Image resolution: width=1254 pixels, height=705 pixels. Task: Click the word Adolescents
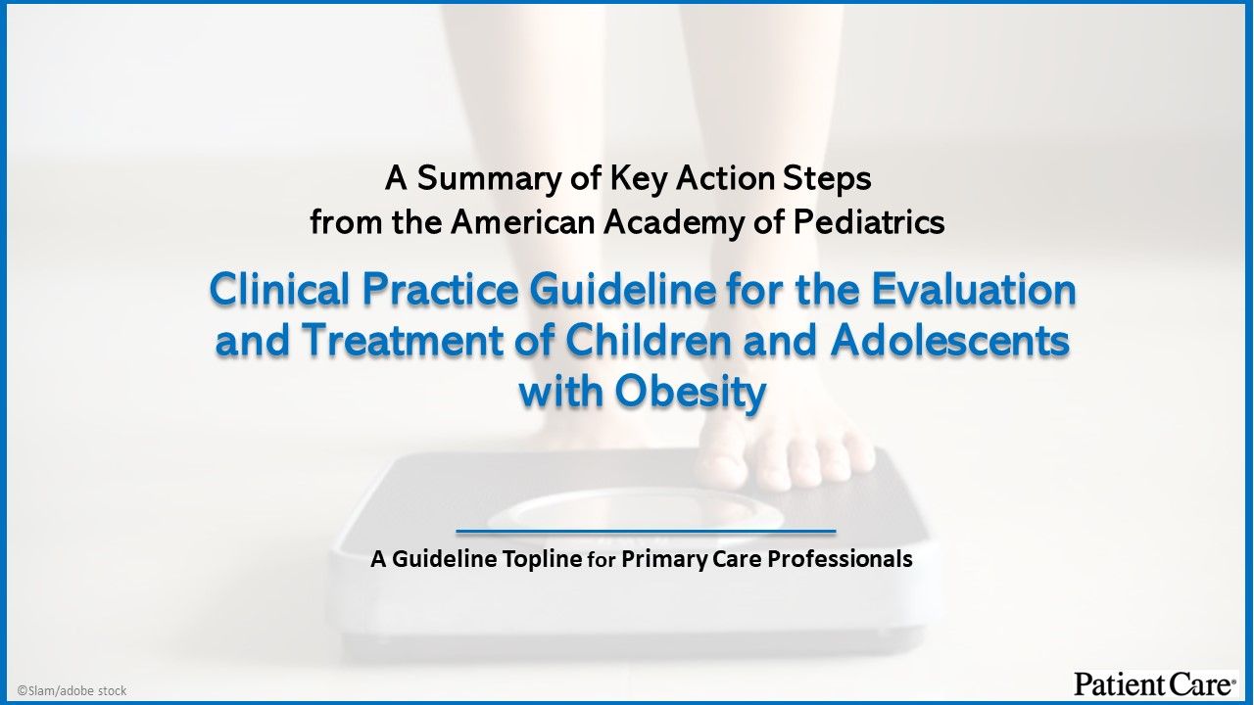click(949, 342)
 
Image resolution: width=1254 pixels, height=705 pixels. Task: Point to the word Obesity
click(691, 393)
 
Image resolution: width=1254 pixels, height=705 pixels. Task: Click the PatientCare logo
click(1154, 683)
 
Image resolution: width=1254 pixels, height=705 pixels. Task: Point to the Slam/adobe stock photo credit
click(72, 690)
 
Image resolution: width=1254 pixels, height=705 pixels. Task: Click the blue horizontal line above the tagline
click(646, 532)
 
